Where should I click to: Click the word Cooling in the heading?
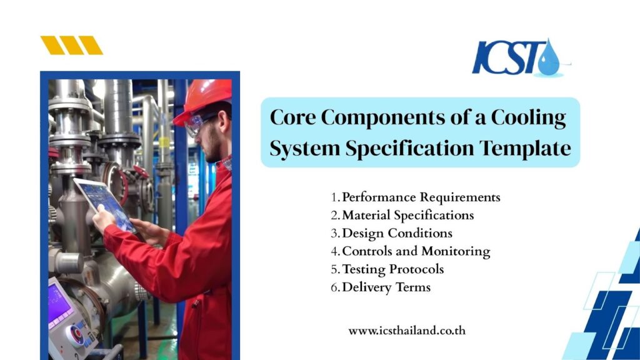tap(534, 117)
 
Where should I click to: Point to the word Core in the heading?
tap(291, 117)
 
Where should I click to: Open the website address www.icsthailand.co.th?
tap(407, 331)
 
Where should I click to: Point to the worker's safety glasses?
tap(199, 124)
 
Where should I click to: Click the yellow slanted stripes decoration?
tap(71, 45)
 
